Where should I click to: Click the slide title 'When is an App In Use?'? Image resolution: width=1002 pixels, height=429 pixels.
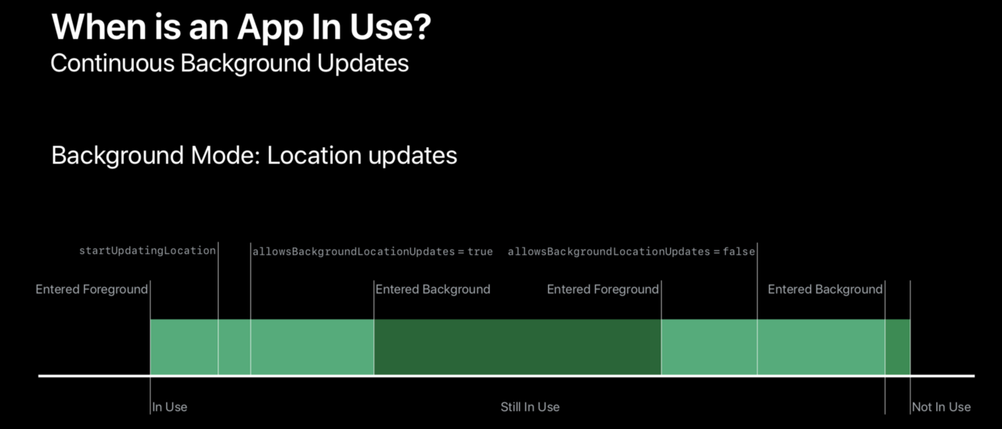coord(241,27)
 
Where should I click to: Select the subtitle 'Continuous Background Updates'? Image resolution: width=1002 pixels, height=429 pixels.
coord(229,63)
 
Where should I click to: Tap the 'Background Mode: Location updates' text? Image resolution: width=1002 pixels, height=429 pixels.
coord(254,156)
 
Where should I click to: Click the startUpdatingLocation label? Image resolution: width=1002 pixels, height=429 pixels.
coord(148,251)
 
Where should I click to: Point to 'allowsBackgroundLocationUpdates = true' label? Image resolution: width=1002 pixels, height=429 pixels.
coord(373,251)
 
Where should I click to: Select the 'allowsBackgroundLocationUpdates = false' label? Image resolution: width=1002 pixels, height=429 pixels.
coord(631,251)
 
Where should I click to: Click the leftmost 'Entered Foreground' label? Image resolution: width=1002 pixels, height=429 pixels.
coord(92,290)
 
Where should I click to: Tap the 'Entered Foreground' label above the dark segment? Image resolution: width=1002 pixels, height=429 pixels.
coord(603,290)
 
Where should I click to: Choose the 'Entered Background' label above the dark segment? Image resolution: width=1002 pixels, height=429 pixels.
coord(433,290)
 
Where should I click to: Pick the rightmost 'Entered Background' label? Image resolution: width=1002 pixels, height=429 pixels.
coord(825,290)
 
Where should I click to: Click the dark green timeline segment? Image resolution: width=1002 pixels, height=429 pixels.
coord(517,347)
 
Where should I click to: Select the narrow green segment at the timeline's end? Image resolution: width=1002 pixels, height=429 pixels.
coord(898,347)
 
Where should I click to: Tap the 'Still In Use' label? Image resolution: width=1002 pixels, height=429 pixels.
coord(530,407)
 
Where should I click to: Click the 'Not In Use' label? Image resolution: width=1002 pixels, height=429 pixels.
coord(942,407)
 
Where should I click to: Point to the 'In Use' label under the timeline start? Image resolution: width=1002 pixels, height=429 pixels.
coord(170,407)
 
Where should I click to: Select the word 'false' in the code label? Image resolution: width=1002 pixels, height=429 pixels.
coord(739,251)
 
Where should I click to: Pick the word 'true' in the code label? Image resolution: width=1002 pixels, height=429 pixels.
coord(480,252)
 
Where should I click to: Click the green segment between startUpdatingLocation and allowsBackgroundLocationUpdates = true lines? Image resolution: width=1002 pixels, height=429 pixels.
coord(234,347)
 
